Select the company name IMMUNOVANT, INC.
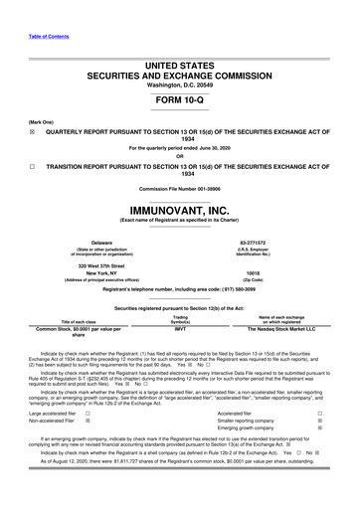179,211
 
